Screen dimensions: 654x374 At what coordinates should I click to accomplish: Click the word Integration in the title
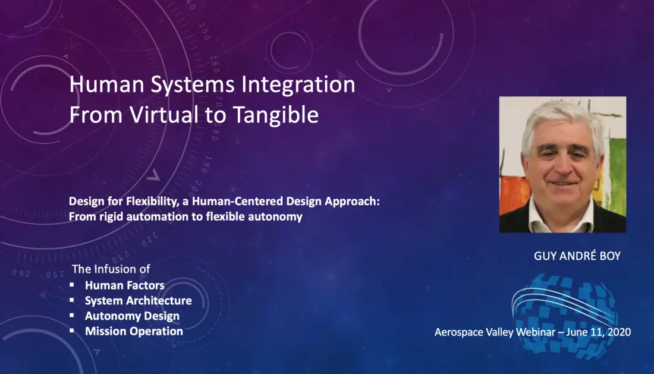298,84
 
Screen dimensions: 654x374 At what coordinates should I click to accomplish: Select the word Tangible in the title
276,115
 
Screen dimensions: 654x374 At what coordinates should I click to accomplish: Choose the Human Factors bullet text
125,285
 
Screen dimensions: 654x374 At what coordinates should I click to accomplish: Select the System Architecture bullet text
139,301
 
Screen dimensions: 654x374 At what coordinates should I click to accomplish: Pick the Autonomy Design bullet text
132,316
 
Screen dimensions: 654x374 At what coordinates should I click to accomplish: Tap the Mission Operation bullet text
134,331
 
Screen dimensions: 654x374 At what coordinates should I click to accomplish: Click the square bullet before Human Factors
72,285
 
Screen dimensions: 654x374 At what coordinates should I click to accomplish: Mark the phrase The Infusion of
111,269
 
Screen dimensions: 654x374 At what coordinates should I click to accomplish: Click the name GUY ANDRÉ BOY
577,256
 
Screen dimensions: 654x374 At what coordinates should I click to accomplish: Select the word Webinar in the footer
536,332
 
